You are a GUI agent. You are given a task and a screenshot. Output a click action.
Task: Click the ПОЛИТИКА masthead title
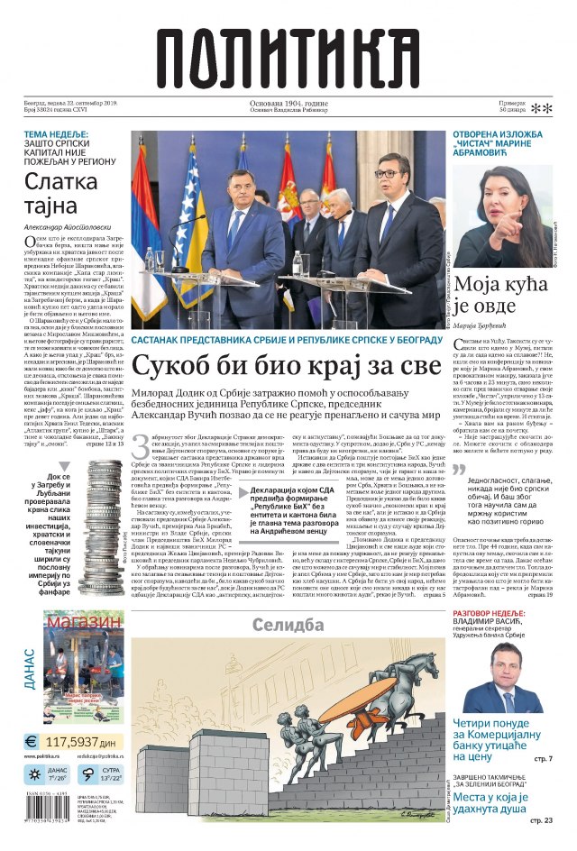click(x=288, y=53)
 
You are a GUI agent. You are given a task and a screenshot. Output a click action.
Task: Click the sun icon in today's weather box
click(x=32, y=774)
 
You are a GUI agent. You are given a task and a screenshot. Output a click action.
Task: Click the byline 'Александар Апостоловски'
click(x=65, y=227)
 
